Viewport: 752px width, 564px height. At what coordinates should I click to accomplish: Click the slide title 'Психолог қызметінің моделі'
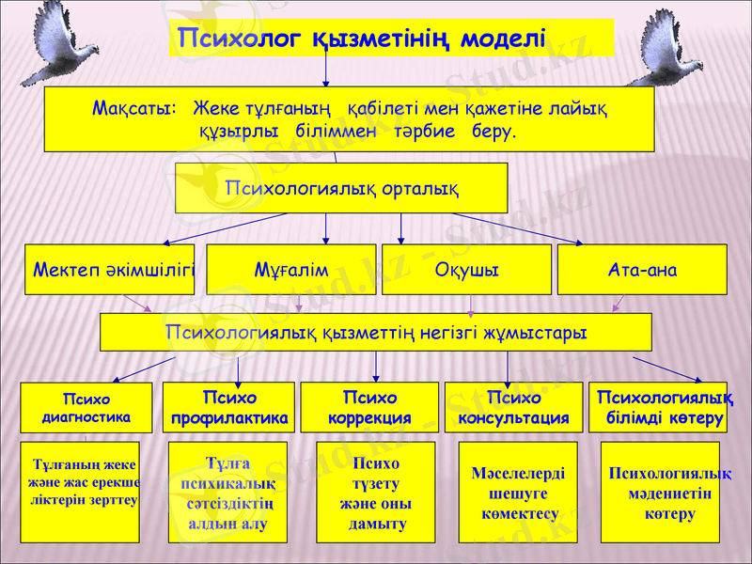362,39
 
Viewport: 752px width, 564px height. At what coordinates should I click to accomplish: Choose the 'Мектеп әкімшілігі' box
110,270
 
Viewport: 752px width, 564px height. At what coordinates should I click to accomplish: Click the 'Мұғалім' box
291,270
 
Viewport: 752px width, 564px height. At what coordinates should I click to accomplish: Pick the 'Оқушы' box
466,270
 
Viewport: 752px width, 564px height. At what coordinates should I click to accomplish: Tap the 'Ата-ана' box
642,270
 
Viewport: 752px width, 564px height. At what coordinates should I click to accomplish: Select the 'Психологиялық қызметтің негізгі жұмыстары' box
376,332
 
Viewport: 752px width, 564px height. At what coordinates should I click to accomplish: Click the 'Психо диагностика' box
86,407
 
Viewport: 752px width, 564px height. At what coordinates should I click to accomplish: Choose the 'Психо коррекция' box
376,407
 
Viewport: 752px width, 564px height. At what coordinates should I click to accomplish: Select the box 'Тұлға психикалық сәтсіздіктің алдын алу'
227,493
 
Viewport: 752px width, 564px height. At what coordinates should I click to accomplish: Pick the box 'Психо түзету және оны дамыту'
375,493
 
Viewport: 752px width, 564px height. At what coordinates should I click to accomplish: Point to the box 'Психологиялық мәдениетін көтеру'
660,493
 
